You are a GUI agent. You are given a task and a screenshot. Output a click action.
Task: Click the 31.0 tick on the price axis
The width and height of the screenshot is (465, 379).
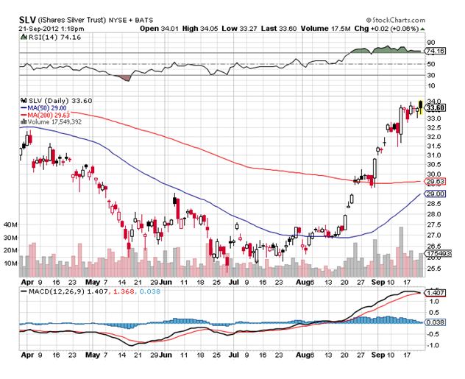point(434,155)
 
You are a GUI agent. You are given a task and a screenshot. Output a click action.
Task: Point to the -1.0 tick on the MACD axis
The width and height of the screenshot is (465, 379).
point(434,344)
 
